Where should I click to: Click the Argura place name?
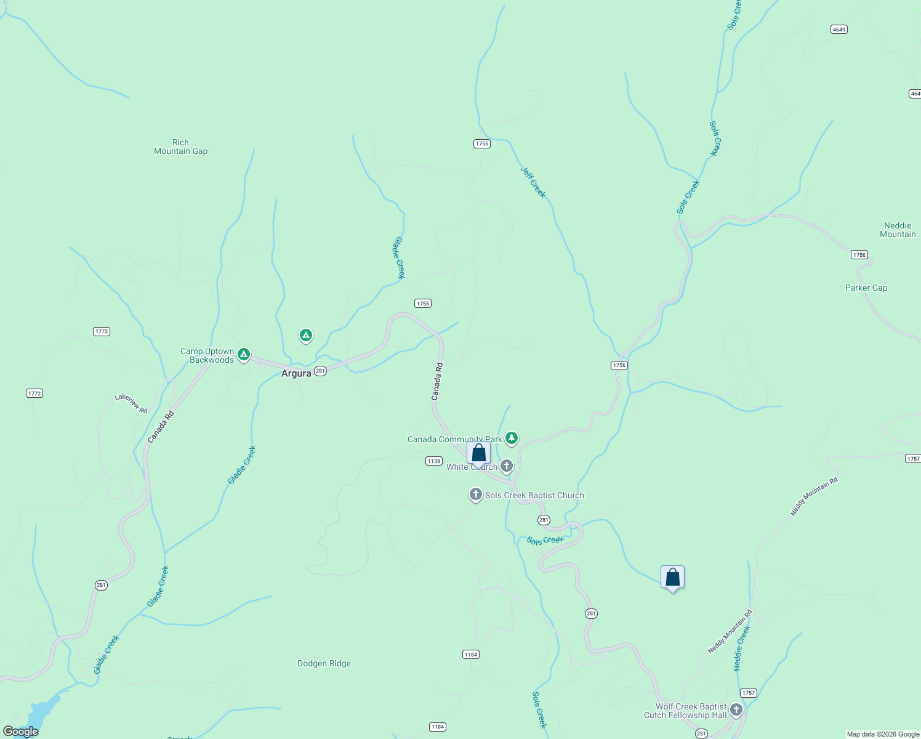[296, 373]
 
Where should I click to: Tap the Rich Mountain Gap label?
[180, 147]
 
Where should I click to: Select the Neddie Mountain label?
[898, 230]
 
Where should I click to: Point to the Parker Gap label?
[866, 288]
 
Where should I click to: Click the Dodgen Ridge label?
[324, 663]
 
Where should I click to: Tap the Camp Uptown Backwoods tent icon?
[244, 354]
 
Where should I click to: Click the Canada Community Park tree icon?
[511, 438]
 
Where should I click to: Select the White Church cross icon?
[507, 466]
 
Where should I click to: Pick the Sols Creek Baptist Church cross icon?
[475, 494]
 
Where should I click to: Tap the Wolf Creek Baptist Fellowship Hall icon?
[736, 710]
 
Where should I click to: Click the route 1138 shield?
[434, 461]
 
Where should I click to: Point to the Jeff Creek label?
[533, 182]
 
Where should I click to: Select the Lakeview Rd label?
[131, 404]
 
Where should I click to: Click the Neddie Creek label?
[742, 648]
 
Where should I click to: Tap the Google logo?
[21, 731]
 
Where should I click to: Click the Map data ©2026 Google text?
[883, 734]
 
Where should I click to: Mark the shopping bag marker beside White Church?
[478, 453]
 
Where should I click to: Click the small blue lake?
[40, 714]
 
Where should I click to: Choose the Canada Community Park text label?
[454, 439]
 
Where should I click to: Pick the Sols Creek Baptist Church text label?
[534, 495]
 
